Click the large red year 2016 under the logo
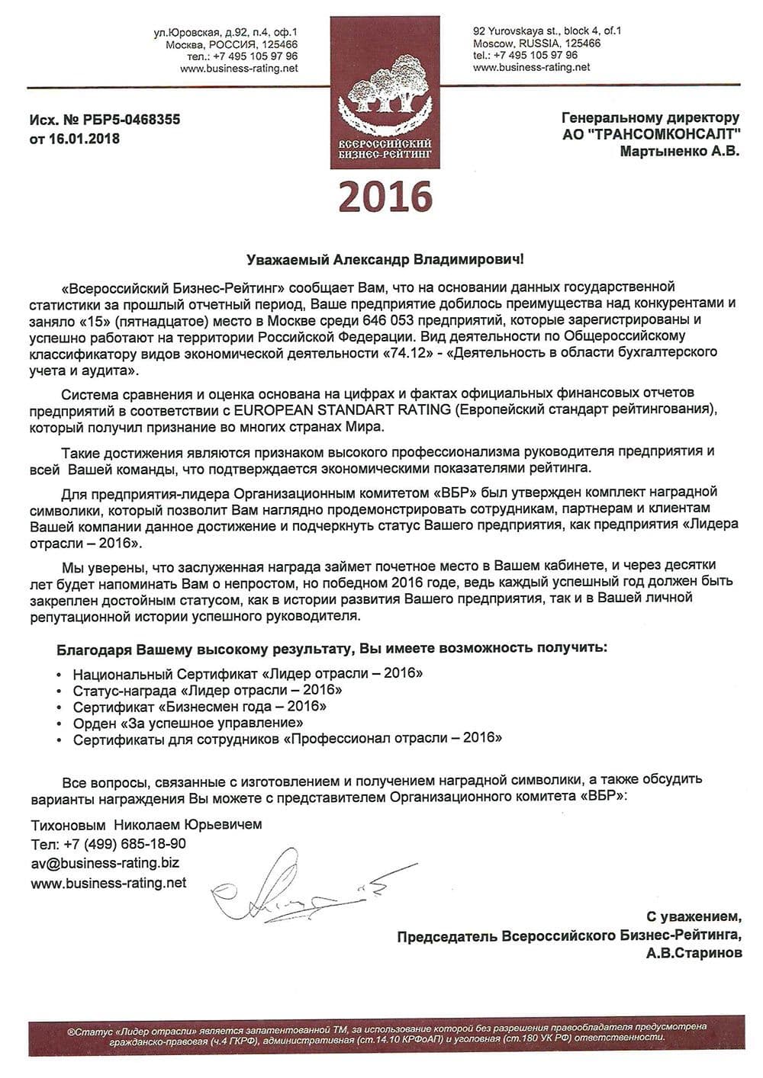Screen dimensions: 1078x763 pos(385,197)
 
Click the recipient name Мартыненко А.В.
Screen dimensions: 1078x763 pos(679,152)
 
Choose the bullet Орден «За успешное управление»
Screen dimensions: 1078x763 pos(188,722)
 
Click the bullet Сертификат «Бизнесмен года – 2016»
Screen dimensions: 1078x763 pos(200,706)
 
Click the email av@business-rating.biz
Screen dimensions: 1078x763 pos(105,863)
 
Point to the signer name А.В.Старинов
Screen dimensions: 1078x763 pos(693,953)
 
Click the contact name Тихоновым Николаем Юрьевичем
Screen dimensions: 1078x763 pos(146,825)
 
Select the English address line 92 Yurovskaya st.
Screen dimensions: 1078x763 pos(547,31)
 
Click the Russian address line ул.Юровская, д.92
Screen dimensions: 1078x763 pos(226,32)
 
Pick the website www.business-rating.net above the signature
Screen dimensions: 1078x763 pos(108,883)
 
